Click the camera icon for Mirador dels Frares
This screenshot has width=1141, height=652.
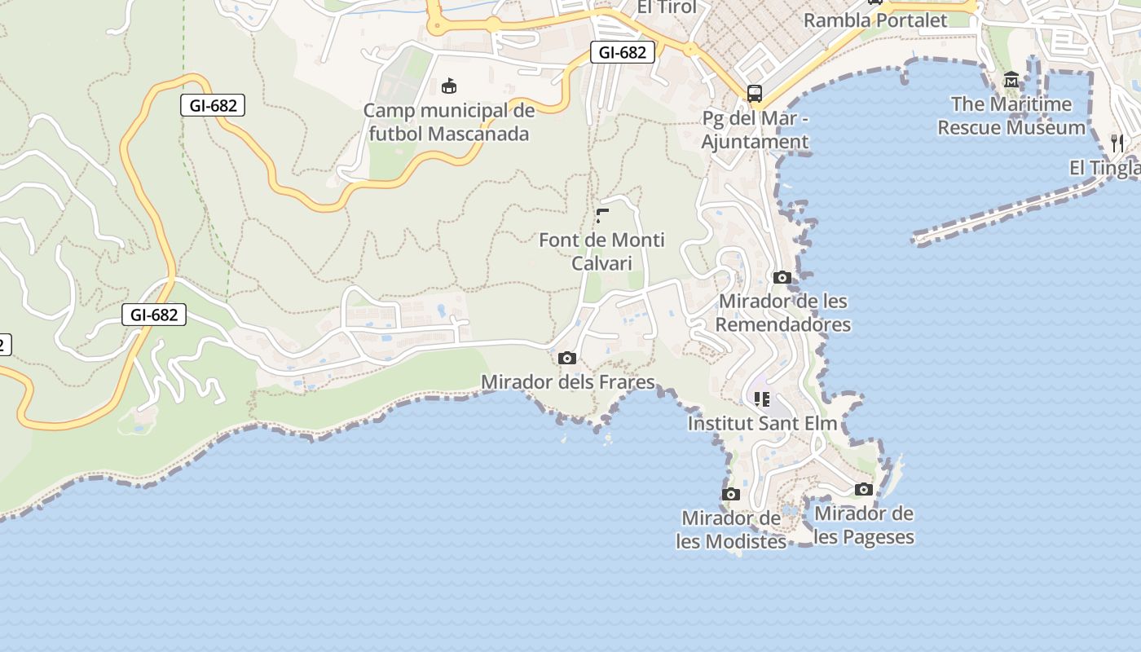(x=567, y=359)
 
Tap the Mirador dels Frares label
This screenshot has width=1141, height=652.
(x=568, y=382)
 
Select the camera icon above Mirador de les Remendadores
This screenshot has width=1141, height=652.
(x=782, y=277)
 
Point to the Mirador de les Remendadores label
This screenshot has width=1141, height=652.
(x=783, y=313)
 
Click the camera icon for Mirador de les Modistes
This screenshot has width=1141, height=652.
(x=731, y=495)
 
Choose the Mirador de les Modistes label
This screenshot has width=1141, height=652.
(x=731, y=530)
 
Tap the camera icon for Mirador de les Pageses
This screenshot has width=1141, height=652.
(x=864, y=490)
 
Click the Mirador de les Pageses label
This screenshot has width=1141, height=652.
(x=864, y=526)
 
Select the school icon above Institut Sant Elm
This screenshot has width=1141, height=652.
(x=762, y=399)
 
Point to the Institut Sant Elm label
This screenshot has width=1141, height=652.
(x=762, y=424)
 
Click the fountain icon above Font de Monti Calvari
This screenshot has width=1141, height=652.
(x=602, y=216)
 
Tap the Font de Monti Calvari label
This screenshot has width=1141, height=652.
(x=601, y=252)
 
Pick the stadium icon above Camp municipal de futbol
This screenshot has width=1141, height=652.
(x=448, y=86)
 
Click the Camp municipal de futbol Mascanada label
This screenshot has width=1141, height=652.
(x=449, y=122)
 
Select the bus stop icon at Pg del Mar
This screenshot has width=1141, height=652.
(x=755, y=93)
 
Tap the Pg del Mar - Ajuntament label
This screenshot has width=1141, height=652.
(x=756, y=130)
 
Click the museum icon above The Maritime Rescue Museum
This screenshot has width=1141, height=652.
(x=1011, y=80)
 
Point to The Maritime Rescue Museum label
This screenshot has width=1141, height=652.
(x=1011, y=116)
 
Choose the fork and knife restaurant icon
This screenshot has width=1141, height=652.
(x=1117, y=143)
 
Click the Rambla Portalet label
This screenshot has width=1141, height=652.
(x=875, y=21)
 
